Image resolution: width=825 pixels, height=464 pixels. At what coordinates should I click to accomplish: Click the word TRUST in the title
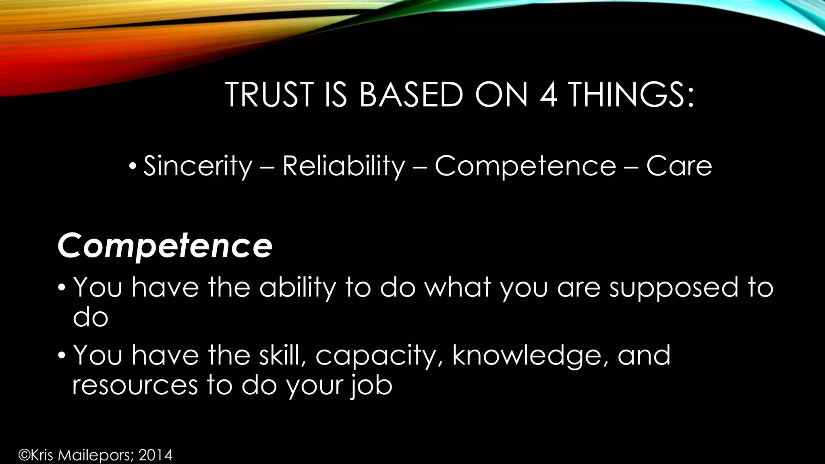pyautogui.click(x=269, y=95)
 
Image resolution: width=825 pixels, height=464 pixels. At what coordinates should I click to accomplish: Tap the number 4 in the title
pyautogui.click(x=548, y=95)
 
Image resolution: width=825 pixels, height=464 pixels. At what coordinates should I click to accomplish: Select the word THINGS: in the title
pyautogui.click(x=631, y=95)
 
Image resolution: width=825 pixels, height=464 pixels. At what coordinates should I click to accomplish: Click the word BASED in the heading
pyautogui.click(x=411, y=95)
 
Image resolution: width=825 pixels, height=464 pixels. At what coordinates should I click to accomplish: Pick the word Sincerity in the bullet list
pyautogui.click(x=197, y=166)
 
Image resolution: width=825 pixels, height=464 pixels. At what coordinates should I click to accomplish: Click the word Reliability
pyautogui.click(x=343, y=166)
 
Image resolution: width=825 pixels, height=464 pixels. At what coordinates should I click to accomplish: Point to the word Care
pyautogui.click(x=679, y=166)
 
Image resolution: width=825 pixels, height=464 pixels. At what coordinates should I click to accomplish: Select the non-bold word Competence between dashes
pyautogui.click(x=525, y=166)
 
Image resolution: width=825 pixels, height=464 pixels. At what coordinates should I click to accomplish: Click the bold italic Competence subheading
pyautogui.click(x=165, y=246)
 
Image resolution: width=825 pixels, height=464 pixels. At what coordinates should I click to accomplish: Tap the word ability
pyautogui.click(x=297, y=288)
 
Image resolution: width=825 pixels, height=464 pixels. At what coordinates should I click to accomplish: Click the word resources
pyautogui.click(x=135, y=385)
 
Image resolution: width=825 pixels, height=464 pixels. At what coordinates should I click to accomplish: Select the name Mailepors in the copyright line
pyautogui.click(x=96, y=456)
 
